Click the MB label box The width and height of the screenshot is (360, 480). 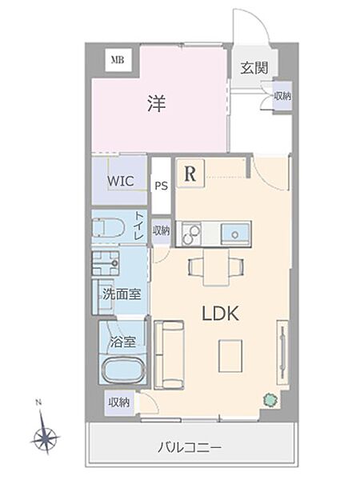[118, 59]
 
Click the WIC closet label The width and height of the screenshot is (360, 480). [120, 180]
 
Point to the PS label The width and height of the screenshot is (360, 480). [161, 186]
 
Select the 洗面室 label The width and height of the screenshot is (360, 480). [121, 294]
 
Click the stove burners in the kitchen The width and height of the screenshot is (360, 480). [192, 234]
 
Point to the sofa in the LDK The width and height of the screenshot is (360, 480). [168, 352]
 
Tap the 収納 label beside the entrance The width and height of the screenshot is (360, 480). [282, 96]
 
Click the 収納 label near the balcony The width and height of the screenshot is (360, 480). [119, 402]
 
